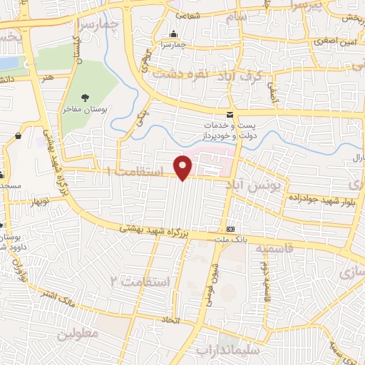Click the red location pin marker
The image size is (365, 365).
click(184, 167)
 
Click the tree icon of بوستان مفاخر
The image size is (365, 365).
click(86, 98)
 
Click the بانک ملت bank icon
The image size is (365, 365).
click(230, 230)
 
